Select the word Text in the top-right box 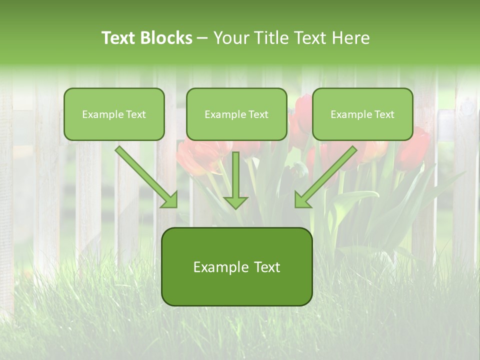pyautogui.click(x=384, y=114)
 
